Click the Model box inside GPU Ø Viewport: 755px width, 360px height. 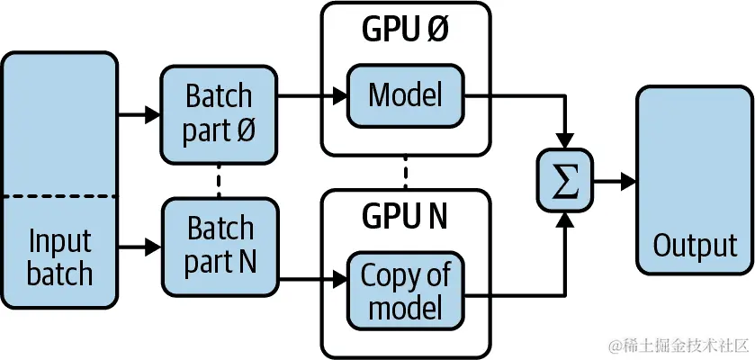pos(406,94)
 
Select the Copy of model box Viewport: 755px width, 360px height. pos(406,292)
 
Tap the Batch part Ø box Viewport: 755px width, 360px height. pos(220,113)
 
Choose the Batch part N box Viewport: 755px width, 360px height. pos(220,245)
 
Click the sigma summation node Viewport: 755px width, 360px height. pos(564,181)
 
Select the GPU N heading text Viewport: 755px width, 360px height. pos(406,217)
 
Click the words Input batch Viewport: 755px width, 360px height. pos(59,257)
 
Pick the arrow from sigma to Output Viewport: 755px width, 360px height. pos(615,181)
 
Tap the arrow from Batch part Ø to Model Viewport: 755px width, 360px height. pos(311,93)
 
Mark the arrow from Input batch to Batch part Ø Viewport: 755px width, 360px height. pos(139,114)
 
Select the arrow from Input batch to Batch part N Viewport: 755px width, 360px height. pos(139,244)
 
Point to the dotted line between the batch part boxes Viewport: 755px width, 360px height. pos(220,181)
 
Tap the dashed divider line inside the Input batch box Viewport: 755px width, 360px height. pos(59,195)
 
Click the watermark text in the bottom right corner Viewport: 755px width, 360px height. pos(678,346)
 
